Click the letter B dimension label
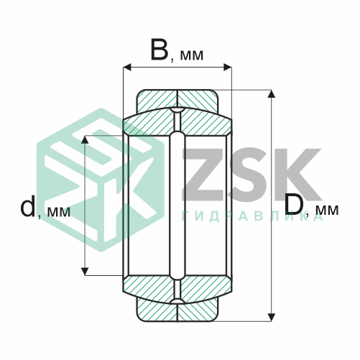tap(159, 50)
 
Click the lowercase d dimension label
tap(28, 206)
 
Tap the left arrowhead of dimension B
tap(127, 68)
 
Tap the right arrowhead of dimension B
tap(228, 68)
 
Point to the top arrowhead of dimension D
tap(271, 94)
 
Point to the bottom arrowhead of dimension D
tap(271, 317)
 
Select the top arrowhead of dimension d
tap(85, 139)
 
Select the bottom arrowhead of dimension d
tap(85, 272)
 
